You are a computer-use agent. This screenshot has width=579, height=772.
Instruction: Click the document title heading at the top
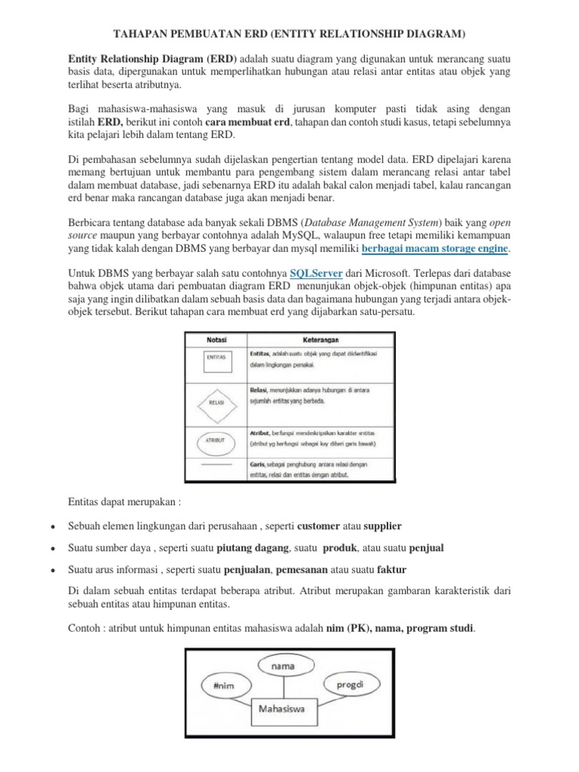(x=289, y=34)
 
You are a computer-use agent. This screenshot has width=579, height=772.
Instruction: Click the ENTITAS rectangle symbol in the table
(x=216, y=361)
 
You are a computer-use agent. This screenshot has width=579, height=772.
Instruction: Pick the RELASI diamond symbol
(x=216, y=403)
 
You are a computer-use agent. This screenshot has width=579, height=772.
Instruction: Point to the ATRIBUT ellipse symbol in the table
(x=216, y=440)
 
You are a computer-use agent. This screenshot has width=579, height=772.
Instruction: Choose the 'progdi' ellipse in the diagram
(x=348, y=686)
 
